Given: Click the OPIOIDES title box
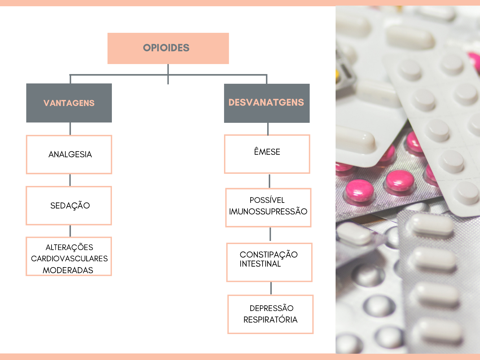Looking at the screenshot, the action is pyautogui.click(x=168, y=48).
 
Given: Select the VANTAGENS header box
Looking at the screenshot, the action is pyautogui.click(x=69, y=103).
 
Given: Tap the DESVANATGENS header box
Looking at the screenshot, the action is pyautogui.click(x=267, y=103).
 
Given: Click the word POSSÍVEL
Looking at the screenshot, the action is pyautogui.click(x=267, y=200).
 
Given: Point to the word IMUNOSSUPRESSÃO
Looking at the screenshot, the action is pyautogui.click(x=268, y=211).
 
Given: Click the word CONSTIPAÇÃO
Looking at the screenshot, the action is pyautogui.click(x=268, y=254).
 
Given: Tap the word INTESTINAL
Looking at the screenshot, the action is pyautogui.click(x=260, y=264).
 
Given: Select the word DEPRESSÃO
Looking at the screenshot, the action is pyautogui.click(x=271, y=308).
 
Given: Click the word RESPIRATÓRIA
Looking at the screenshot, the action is pyautogui.click(x=270, y=320).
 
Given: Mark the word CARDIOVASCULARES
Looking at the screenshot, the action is pyautogui.click(x=69, y=258).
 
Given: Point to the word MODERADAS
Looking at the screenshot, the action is pyautogui.click(x=68, y=270).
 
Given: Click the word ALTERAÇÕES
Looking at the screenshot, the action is pyautogui.click(x=69, y=247).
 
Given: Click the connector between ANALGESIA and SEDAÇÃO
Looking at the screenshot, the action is pyautogui.click(x=70, y=180).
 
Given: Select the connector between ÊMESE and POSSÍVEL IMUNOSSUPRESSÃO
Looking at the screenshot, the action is pyautogui.click(x=269, y=181).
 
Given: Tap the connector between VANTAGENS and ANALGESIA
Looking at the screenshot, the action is pyautogui.click(x=70, y=129).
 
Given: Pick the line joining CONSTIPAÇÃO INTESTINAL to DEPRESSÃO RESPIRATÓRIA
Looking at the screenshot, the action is pyautogui.click(x=271, y=288).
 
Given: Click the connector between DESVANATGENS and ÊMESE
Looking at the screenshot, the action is pyautogui.click(x=268, y=129).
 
